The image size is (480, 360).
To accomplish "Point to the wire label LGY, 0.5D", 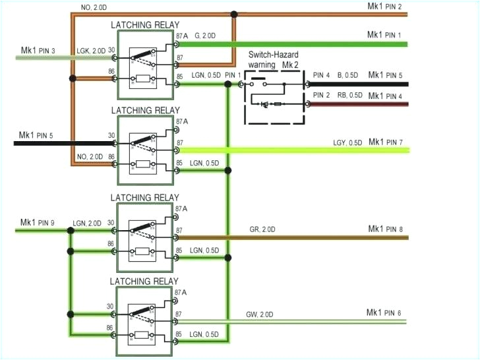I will tap(347, 143).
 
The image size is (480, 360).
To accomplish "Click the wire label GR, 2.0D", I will tap(262, 229).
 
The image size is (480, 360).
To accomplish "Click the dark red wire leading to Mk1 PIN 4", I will tap(356, 104).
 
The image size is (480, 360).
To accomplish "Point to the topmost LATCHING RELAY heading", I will tap(144, 24).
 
